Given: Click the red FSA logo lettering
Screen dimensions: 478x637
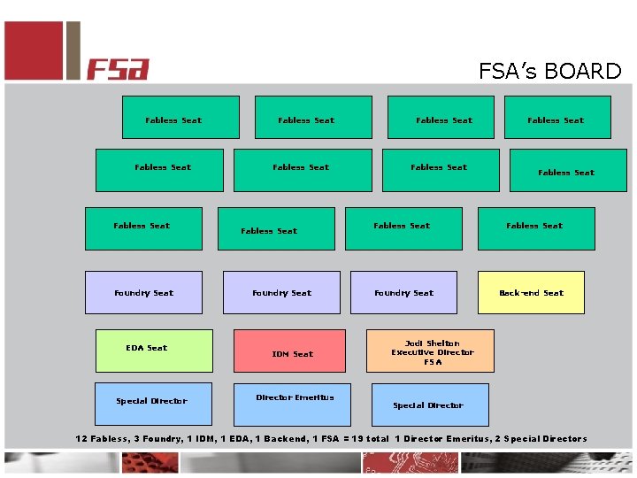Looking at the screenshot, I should pos(118,69).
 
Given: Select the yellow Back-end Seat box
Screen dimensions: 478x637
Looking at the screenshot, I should pos(531,293).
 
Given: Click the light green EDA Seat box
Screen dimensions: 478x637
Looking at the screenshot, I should pos(154,351).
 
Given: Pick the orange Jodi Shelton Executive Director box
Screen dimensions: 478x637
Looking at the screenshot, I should pos(432,351).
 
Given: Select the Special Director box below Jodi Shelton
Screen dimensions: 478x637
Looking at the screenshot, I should pos(430,405).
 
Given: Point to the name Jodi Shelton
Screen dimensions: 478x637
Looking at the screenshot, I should pos(432,343).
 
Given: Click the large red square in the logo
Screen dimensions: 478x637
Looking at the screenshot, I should pos(34,50).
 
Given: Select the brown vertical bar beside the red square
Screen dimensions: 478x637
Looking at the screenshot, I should pos(73,50).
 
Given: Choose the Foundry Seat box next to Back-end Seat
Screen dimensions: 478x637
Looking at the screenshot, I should pos(403,293).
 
